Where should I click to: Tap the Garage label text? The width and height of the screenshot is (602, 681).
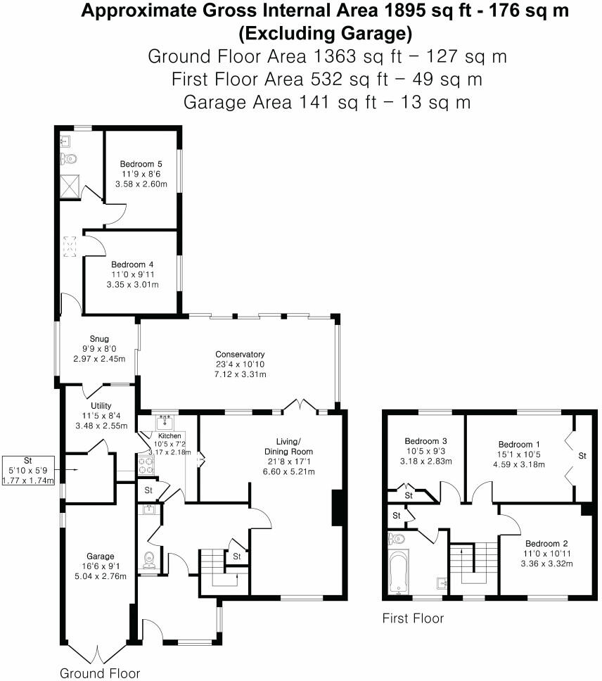pyautogui.click(x=101, y=556)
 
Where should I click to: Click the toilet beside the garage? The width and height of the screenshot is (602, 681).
pyautogui.click(x=149, y=560)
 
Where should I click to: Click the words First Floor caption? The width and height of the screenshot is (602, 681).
pyautogui.click(x=413, y=618)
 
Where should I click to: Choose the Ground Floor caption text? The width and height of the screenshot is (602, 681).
pyautogui.click(x=100, y=673)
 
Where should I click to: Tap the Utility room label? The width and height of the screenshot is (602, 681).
pyautogui.click(x=102, y=406)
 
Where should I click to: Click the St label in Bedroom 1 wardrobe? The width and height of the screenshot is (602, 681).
pyautogui.click(x=582, y=457)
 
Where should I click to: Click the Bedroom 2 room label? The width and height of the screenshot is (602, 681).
pyautogui.click(x=546, y=544)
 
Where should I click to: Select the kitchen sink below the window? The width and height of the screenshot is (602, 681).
pyautogui.click(x=165, y=422)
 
